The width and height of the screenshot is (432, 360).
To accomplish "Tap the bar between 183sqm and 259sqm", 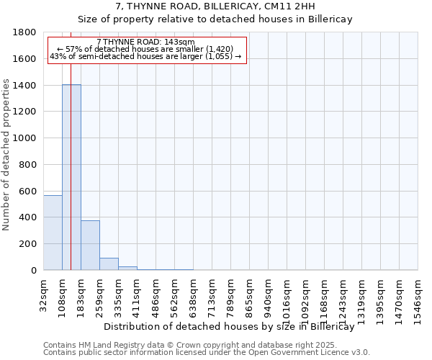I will pyautogui.click(x=90, y=246).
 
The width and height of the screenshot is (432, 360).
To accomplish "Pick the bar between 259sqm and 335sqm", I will pyautogui.click(x=109, y=264).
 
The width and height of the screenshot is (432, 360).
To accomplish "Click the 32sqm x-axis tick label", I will pyautogui.click(x=43, y=294).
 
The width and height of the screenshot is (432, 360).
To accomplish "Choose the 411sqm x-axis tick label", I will pyautogui.click(x=137, y=294).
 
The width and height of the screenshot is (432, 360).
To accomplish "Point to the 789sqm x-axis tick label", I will pyautogui.click(x=230, y=294).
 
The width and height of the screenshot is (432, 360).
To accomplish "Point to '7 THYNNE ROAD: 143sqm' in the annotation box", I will pyautogui.click(x=145, y=43).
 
